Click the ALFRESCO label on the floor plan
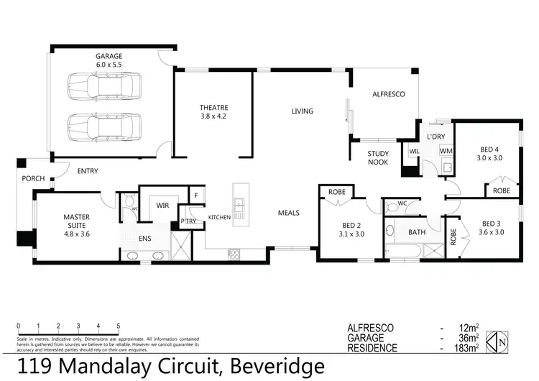click(x=388, y=94)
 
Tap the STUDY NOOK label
click(x=377, y=157)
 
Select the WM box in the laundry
click(x=446, y=151)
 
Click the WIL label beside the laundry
click(x=414, y=151)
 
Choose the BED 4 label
click(x=490, y=150)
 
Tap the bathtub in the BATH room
click(x=405, y=252)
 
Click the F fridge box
click(x=195, y=194)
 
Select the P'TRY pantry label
click(x=188, y=221)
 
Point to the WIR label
click(x=162, y=205)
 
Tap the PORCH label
click(x=33, y=178)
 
